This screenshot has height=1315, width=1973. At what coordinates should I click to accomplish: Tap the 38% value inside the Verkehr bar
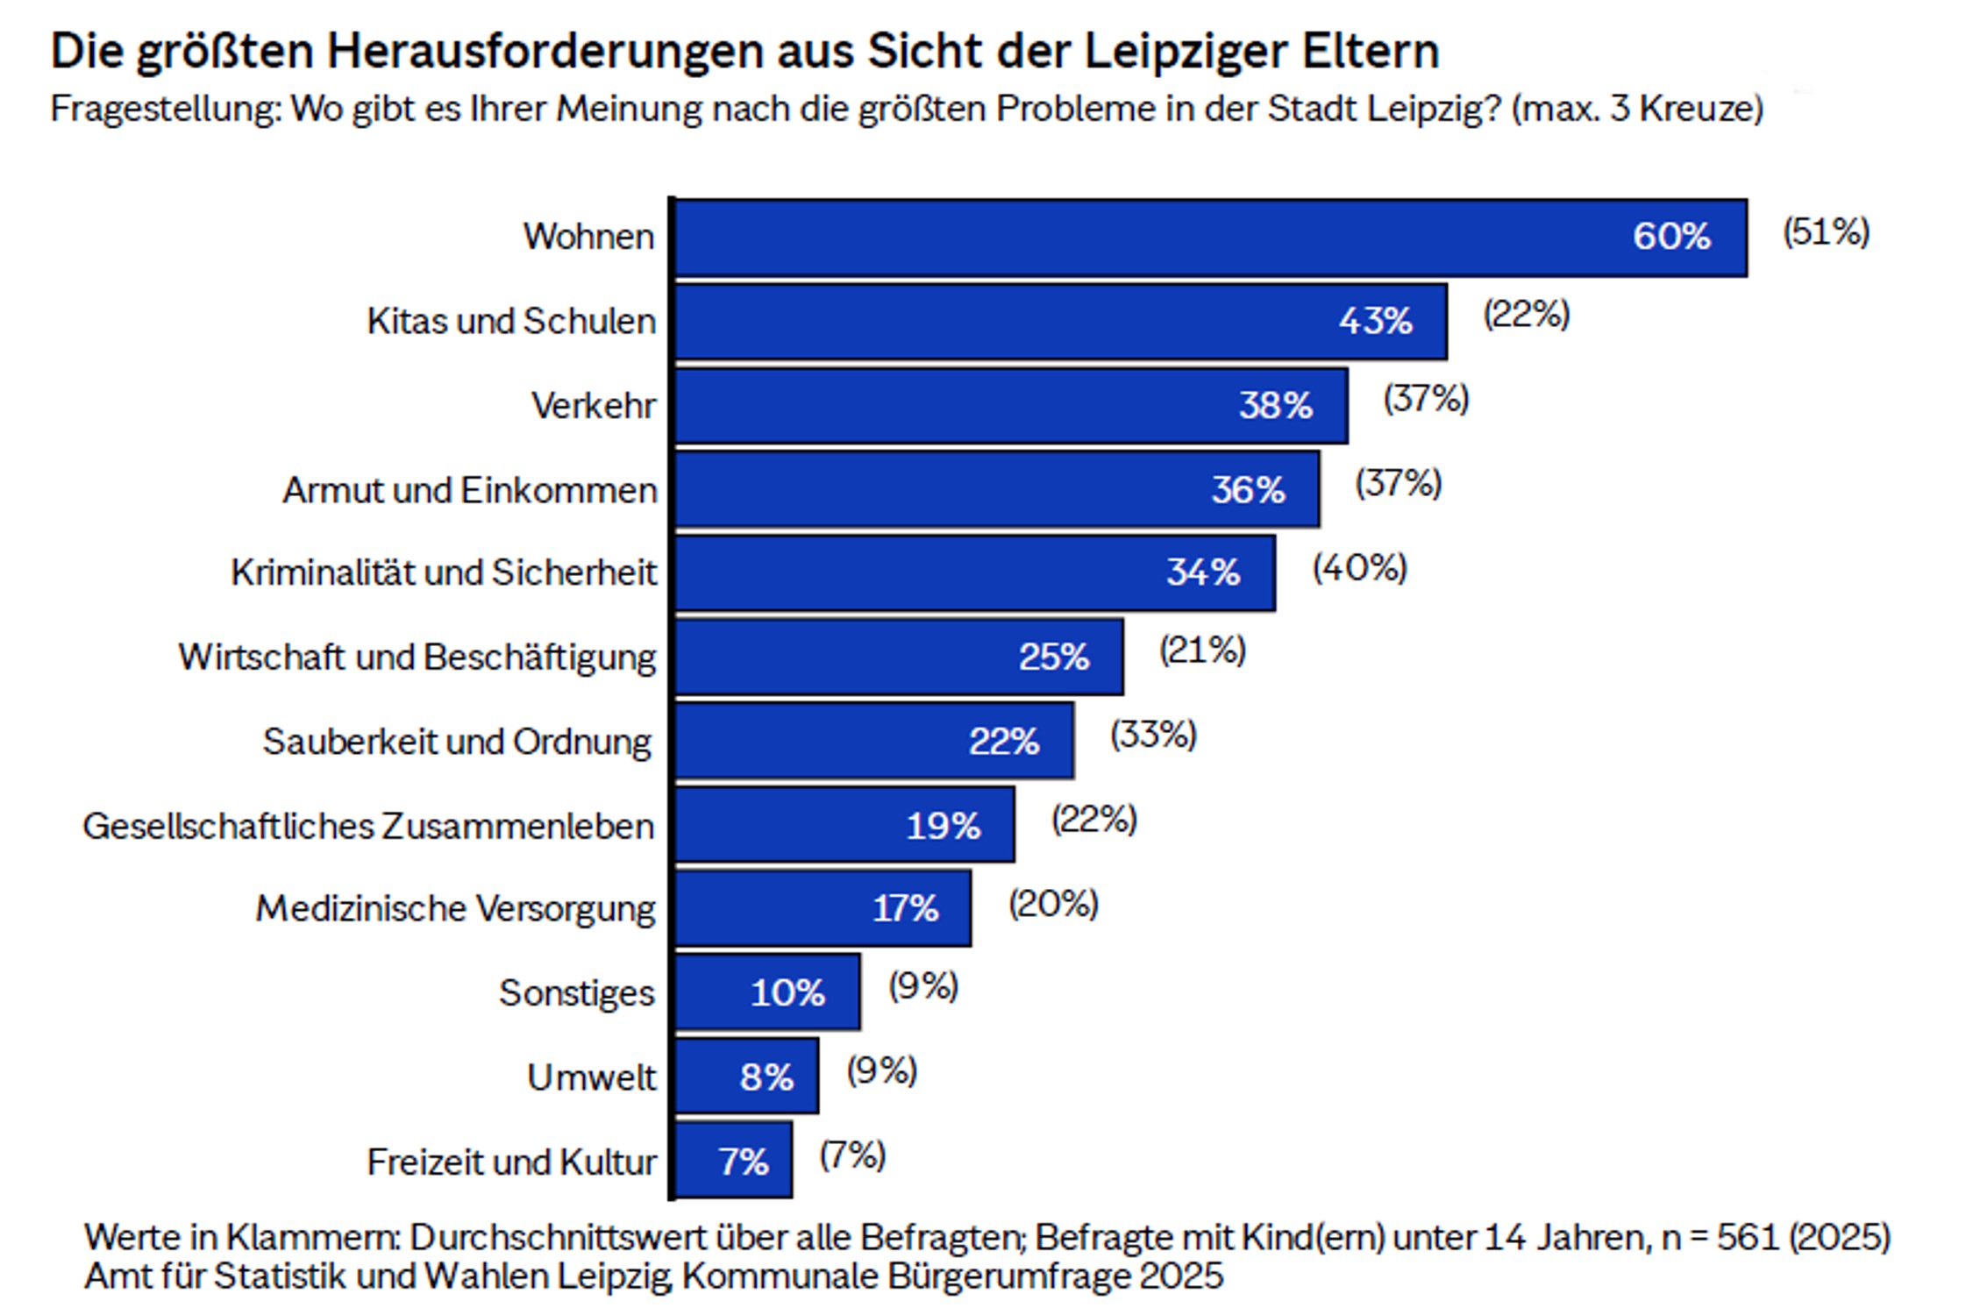pos(1275,406)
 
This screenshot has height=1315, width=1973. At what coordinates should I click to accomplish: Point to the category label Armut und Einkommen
pos(469,490)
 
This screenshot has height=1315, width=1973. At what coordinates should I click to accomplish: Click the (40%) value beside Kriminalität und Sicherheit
pos(1359,568)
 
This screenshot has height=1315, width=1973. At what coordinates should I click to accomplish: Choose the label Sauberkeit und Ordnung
pos(457,742)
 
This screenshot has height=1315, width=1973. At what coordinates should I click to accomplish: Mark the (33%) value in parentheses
pos(1153,735)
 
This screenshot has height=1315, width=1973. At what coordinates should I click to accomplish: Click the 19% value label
pos(943,826)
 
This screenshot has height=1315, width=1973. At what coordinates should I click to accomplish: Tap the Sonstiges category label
pos(576,993)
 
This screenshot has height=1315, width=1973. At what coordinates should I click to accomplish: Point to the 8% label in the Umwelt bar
pos(766,1077)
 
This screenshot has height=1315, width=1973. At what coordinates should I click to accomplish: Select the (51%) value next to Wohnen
pos(1826,232)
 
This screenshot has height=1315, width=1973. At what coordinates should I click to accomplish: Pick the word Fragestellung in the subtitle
pos(166,110)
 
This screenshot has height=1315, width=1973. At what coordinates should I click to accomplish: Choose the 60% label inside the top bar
pos(1670,237)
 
